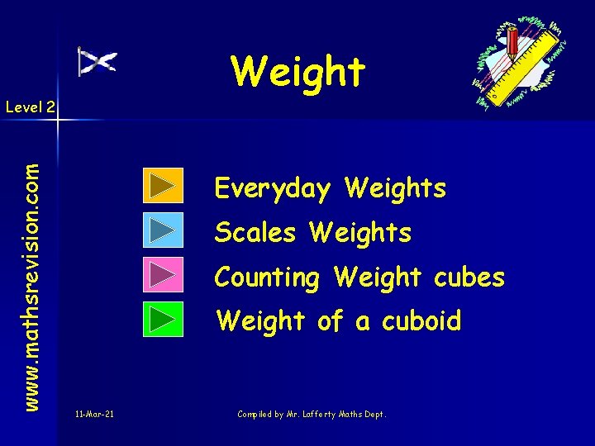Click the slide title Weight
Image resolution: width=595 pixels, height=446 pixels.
pos(297,71)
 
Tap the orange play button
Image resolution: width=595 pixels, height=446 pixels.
pos(163,186)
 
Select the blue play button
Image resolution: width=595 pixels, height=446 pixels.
pos(163,230)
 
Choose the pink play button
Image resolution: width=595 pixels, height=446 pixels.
pos(163,275)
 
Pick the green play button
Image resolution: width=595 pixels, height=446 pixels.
pos(163,320)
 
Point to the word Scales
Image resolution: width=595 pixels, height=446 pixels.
pos(255,233)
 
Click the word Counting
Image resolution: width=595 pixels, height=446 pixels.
pos(267,278)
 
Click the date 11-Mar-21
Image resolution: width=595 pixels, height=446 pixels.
pos(93,414)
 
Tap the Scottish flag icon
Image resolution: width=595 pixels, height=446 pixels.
pos(98,61)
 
